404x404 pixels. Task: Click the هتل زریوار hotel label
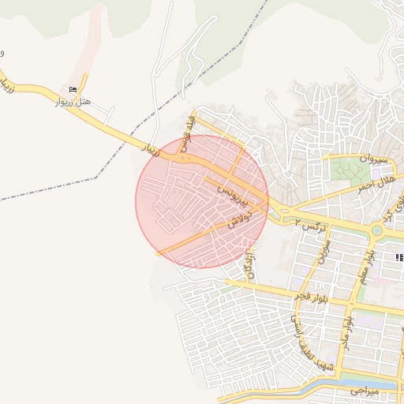tap(75, 103)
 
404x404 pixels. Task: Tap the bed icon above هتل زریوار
tap(73, 88)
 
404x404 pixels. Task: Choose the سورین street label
tap(322, 250)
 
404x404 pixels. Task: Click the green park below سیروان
tap(346, 170)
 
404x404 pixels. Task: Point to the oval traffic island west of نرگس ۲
tap(278, 210)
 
